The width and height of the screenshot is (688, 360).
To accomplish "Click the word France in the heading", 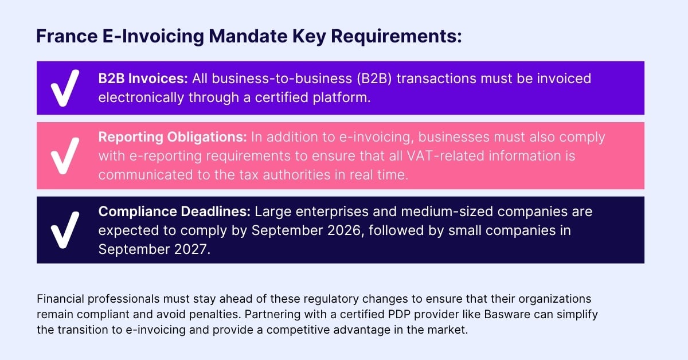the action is [67, 36].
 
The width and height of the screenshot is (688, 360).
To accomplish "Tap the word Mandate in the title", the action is [248, 36].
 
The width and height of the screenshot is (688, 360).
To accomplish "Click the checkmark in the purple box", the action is [65, 88].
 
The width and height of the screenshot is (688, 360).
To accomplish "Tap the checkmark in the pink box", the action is [65, 156].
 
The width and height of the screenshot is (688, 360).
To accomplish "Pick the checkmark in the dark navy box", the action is [65, 230].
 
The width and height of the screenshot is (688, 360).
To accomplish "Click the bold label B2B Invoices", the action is [143, 79].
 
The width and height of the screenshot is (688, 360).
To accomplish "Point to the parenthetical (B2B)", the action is [374, 79].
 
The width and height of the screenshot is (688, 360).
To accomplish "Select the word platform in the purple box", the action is [342, 97].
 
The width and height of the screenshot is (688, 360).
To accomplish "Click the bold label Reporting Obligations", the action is [173, 138].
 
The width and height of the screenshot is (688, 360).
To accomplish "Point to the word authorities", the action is [296, 175].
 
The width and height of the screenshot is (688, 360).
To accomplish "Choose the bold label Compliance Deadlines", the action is [174, 212].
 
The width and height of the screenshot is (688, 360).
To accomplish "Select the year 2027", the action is [192, 249].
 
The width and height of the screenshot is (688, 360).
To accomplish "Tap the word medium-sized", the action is [447, 212].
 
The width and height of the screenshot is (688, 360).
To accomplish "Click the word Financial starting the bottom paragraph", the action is [61, 299].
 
